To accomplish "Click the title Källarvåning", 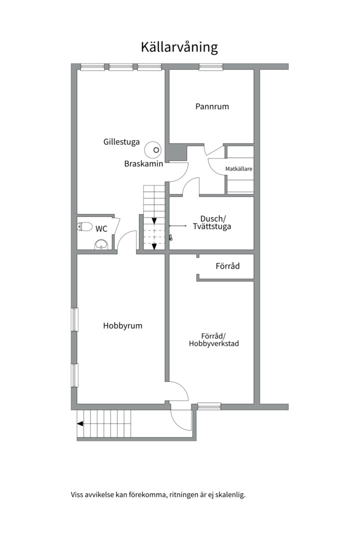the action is [x=179, y=47].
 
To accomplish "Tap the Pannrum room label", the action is [x=212, y=106].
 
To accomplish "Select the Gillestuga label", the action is [x=121, y=142].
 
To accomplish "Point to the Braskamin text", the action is [x=143, y=163].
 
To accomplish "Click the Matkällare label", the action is [x=238, y=169].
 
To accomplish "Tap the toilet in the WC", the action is [x=84, y=226].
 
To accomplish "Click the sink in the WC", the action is [x=101, y=244].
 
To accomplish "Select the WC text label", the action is [x=101, y=228].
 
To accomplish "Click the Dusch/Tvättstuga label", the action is [x=212, y=222].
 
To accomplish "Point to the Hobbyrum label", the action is [x=122, y=326].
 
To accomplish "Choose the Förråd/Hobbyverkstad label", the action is [x=213, y=339].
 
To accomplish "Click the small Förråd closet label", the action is [x=227, y=266].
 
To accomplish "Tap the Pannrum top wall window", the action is [x=211, y=67].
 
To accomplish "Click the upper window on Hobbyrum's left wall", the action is [x=74, y=319].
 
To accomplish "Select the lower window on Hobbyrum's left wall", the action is [x=74, y=375].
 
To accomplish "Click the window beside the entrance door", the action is [x=209, y=406].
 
